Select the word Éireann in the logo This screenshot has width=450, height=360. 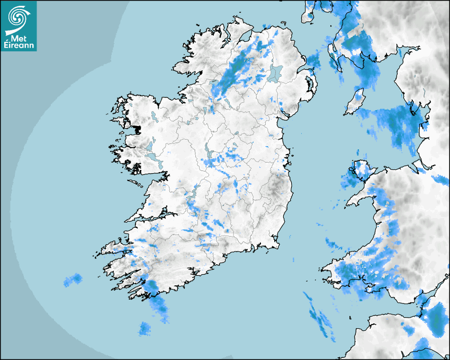point(19,46)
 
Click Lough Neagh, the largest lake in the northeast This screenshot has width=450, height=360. point(276,73)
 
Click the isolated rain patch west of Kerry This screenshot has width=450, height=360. point(73,280)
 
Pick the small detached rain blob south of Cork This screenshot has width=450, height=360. point(145,329)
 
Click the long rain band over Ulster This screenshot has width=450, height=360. point(236,71)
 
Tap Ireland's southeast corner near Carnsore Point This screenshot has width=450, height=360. point(276,245)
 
